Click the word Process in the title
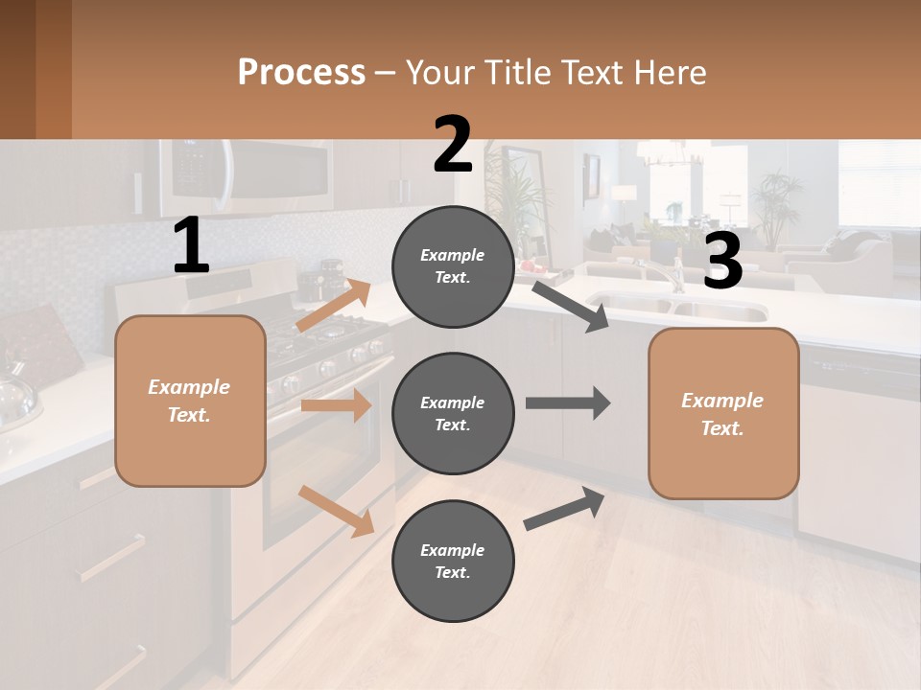pyautogui.click(x=301, y=73)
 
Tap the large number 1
pyautogui.click(x=191, y=246)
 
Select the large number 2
pyautogui.click(x=453, y=145)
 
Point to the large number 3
pyautogui.click(x=722, y=262)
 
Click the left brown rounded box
pyautogui.click(x=190, y=401)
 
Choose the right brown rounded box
pyautogui.click(x=723, y=413)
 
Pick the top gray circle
pyautogui.click(x=453, y=266)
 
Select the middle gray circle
pyautogui.click(x=453, y=413)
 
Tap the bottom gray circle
pyautogui.click(x=453, y=561)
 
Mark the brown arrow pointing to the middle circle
pyautogui.click(x=336, y=405)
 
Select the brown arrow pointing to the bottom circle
pyautogui.click(x=336, y=511)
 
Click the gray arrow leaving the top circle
pyautogui.click(x=571, y=306)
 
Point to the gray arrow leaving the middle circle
pyautogui.click(x=568, y=402)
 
